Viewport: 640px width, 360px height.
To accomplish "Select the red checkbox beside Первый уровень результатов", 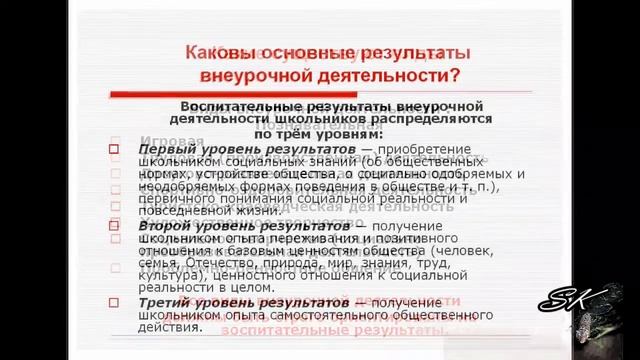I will [114, 149].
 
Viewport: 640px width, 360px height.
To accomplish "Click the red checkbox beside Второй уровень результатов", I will [114, 226].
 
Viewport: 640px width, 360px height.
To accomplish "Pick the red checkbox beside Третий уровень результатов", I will [114, 302].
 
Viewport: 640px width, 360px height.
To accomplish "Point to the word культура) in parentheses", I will [168, 272].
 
